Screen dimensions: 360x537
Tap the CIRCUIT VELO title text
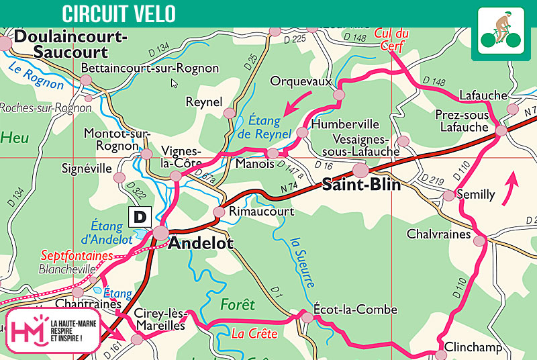(x=119, y=13)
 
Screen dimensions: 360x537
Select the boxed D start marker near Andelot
(x=139, y=216)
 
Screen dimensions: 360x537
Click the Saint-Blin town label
(x=361, y=185)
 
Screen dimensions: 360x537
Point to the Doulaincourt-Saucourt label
(x=70, y=44)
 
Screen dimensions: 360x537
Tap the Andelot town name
(x=200, y=243)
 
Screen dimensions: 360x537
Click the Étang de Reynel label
(x=265, y=128)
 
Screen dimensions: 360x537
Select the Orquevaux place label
(x=301, y=81)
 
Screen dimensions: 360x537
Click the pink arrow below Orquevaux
(x=296, y=104)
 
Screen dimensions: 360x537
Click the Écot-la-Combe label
(x=355, y=310)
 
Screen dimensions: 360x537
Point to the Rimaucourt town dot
(x=219, y=212)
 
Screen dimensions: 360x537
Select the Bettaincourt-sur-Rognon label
(x=150, y=69)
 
